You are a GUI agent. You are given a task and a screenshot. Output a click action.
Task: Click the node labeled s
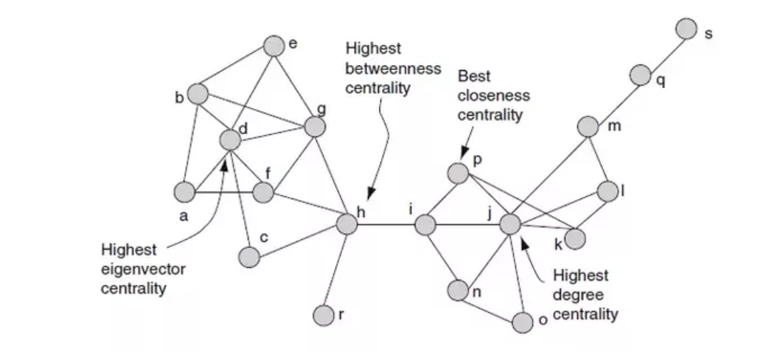686,29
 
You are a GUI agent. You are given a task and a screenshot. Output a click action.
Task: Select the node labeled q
640,74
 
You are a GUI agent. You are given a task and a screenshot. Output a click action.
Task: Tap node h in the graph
347,224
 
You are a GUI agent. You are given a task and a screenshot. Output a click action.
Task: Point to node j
510,224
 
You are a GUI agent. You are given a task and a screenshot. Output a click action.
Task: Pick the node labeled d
230,139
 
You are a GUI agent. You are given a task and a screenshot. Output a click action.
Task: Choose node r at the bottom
323,315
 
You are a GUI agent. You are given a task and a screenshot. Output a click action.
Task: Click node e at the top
274,46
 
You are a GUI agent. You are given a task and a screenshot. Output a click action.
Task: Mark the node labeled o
522,322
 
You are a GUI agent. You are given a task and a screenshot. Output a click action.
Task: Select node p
458,173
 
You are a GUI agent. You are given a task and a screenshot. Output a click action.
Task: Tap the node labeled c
249,257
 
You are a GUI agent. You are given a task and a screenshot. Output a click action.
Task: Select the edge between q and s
664,51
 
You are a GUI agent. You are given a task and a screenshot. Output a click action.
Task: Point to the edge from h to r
335,269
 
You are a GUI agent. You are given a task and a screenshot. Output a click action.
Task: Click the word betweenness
393,69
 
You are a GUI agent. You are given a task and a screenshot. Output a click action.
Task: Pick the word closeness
493,96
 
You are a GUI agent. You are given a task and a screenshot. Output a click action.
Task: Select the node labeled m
588,126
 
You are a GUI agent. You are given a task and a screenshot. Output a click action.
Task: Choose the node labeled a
184,192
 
